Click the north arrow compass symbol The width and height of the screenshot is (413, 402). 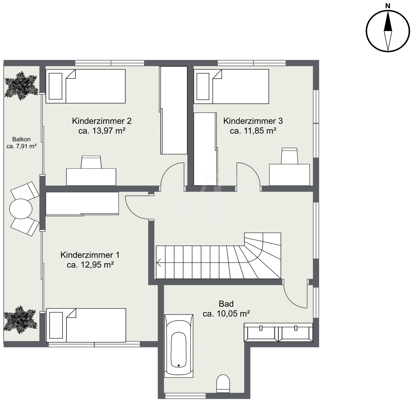388,31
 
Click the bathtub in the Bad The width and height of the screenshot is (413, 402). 179,346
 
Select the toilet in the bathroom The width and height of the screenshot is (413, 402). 223,383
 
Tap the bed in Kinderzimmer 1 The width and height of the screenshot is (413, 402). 86,325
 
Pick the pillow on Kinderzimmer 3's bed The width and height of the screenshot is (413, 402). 203,87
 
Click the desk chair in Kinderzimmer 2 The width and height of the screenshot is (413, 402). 91,162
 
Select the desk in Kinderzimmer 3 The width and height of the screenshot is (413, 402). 289,175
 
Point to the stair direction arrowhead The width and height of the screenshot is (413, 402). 159,263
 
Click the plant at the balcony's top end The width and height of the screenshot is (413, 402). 21,86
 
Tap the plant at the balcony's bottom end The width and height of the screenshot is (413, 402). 21,320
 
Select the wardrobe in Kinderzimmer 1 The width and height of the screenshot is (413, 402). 82,204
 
